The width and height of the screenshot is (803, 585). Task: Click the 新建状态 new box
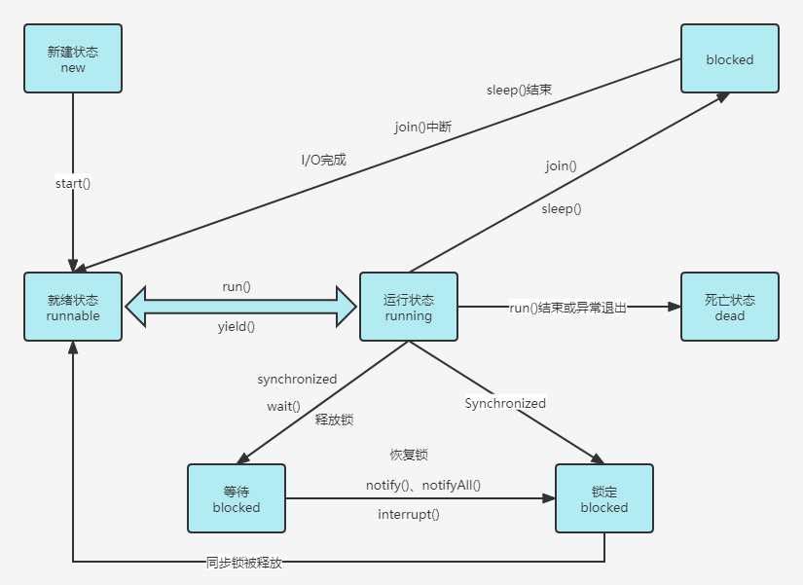(73, 59)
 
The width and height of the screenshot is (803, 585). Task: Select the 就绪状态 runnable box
(73, 307)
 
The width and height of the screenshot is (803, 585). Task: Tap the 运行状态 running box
(409, 307)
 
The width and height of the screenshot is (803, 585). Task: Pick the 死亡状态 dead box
(730, 307)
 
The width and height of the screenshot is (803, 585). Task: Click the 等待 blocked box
(237, 498)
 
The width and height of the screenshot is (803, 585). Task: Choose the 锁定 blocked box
(604, 498)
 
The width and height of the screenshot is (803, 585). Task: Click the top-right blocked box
(730, 59)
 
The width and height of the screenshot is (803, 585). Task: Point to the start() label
(73, 183)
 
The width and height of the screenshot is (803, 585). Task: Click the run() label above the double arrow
(237, 287)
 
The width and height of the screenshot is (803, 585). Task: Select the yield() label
(237, 327)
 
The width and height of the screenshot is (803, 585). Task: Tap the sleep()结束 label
(520, 91)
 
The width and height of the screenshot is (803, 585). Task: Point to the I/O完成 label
(323, 160)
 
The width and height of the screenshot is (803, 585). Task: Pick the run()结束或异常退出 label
(568, 308)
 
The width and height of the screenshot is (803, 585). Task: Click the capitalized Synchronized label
(505, 403)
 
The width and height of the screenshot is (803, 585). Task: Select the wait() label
(284, 406)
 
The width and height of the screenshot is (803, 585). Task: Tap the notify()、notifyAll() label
(423, 485)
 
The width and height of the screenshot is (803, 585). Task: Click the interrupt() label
(409, 514)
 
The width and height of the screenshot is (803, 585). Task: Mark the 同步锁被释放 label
(244, 563)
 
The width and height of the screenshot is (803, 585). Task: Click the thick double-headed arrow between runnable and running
(241, 307)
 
